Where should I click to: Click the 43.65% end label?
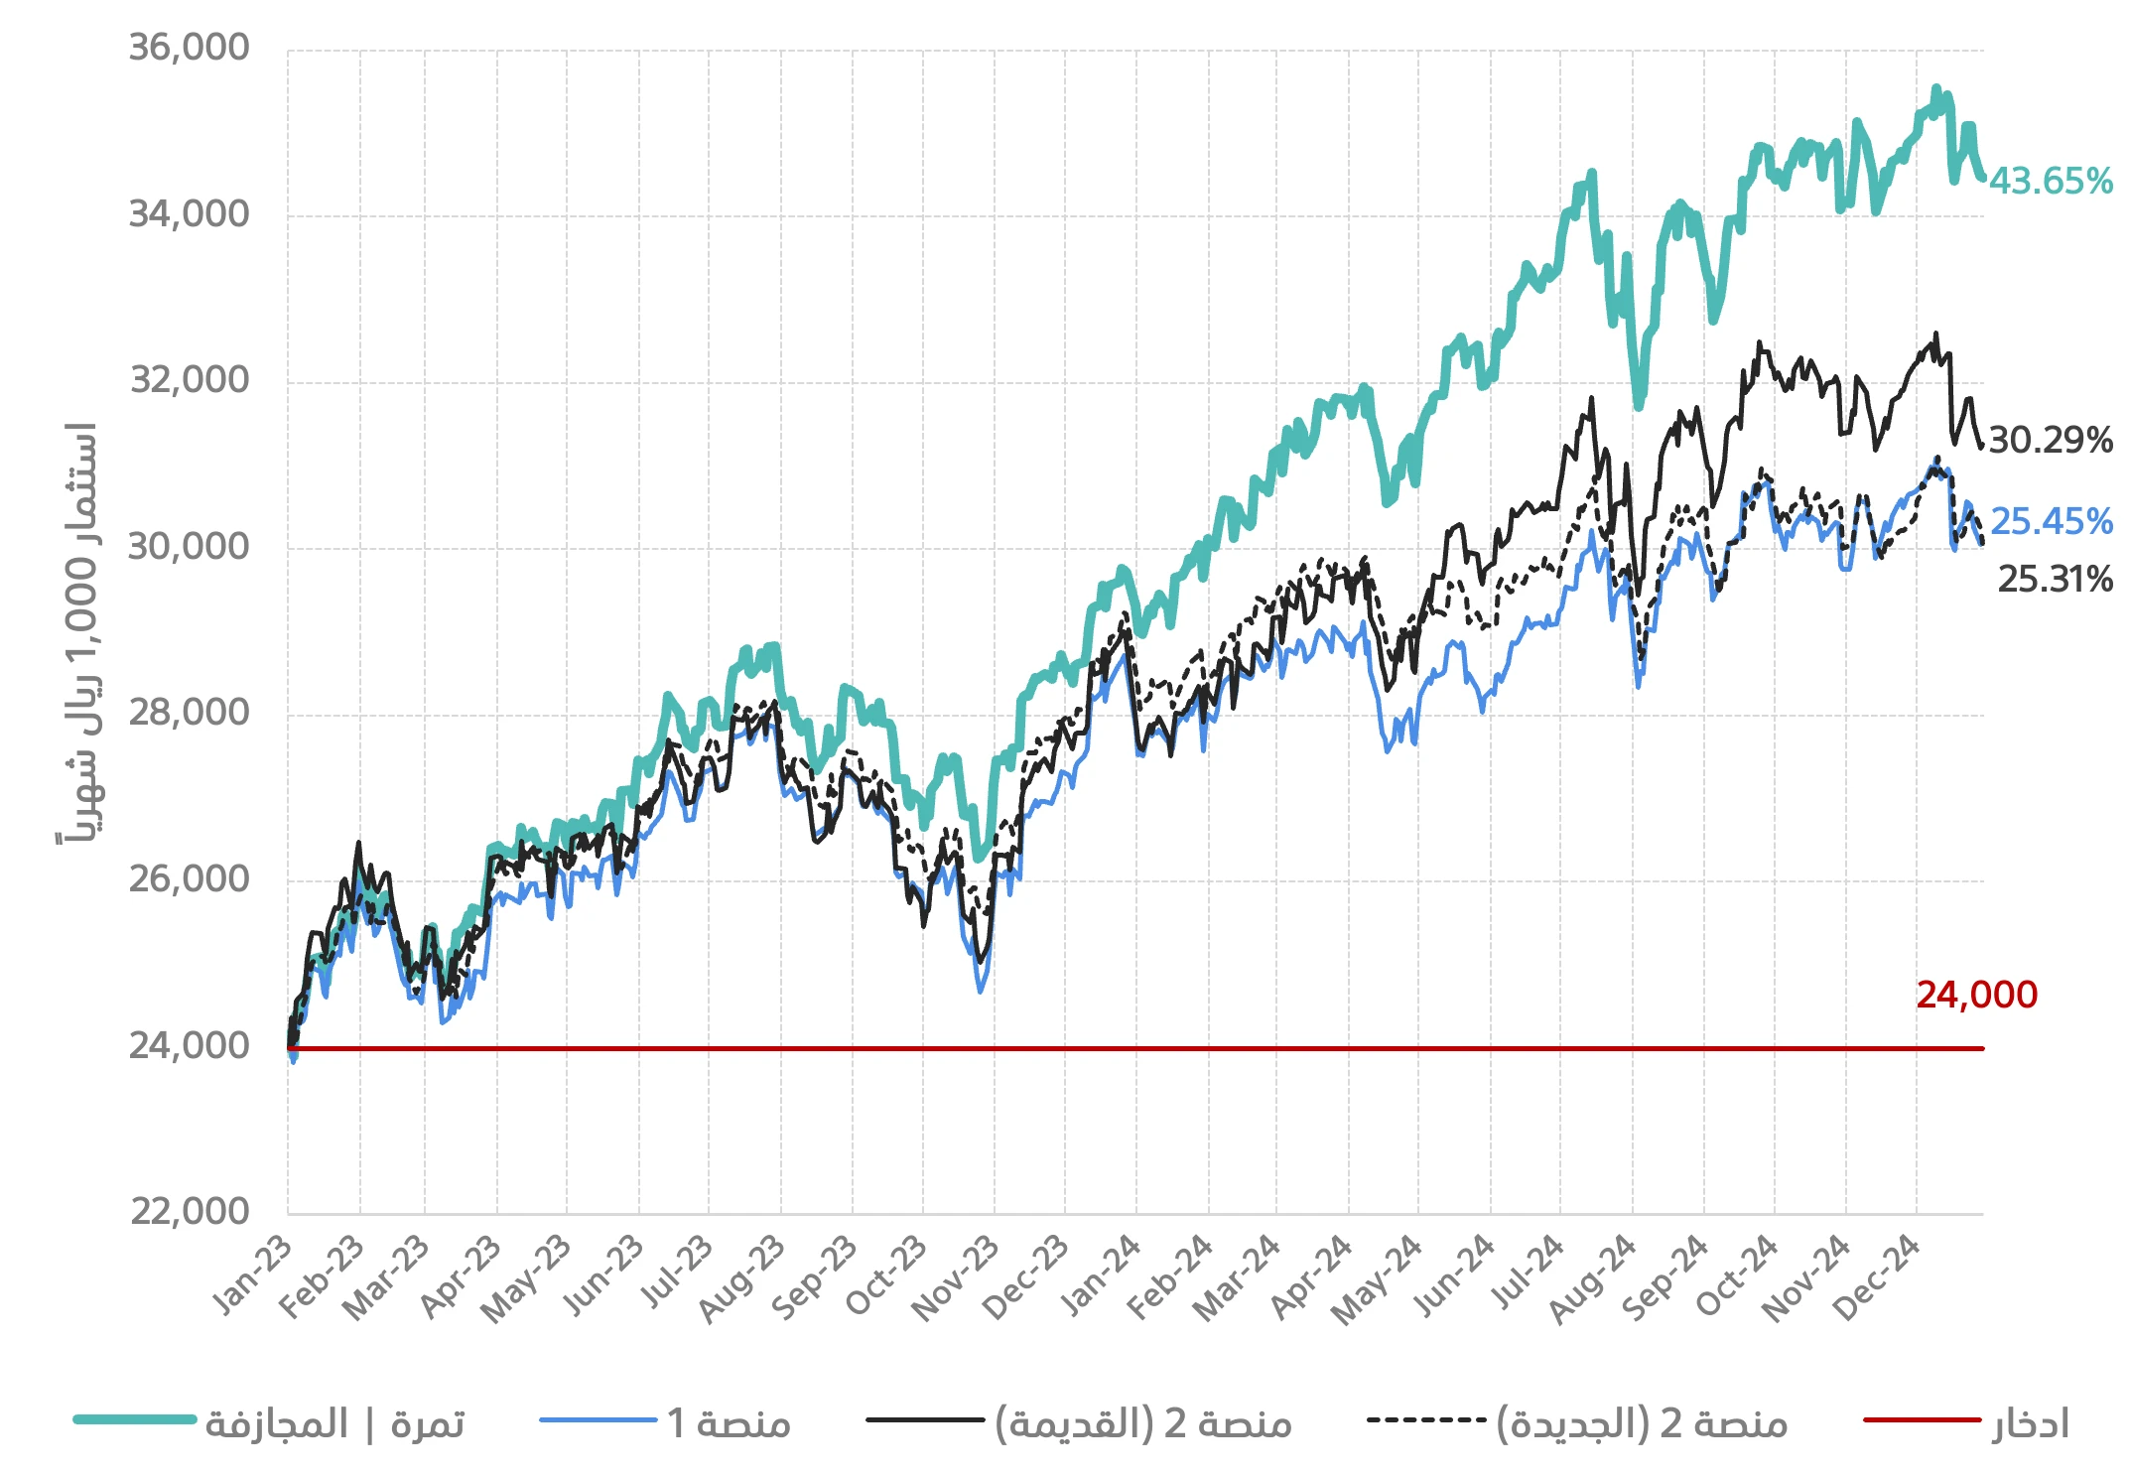pyautogui.click(x=2050, y=182)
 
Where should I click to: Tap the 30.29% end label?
pyautogui.click(x=2050, y=440)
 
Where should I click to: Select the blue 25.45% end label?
pyautogui.click(x=2051, y=521)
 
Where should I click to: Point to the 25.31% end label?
pyautogui.click(x=2054, y=580)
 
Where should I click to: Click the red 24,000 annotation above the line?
pyautogui.click(x=1975, y=995)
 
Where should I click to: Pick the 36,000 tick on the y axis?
pyautogui.click(x=189, y=48)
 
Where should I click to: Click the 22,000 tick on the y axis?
pyautogui.click(x=189, y=1211)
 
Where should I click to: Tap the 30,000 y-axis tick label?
pyautogui.click(x=189, y=546)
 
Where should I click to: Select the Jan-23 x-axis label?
pyautogui.click(x=253, y=1276)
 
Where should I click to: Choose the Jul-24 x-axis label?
pyautogui.click(x=1527, y=1276)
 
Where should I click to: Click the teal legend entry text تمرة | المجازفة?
pyautogui.click(x=334, y=1423)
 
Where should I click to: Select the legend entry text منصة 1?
pyautogui.click(x=729, y=1423)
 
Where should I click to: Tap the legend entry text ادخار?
pyautogui.click(x=2030, y=1423)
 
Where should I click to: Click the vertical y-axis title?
pyautogui.click(x=77, y=635)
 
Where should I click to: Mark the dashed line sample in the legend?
pyautogui.click(x=1425, y=1420)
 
